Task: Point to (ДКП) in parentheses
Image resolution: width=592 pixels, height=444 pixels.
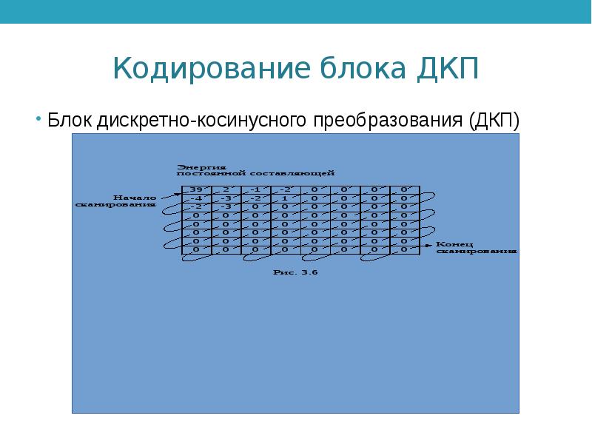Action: tap(494, 121)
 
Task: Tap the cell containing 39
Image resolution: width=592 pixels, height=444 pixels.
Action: tap(196, 189)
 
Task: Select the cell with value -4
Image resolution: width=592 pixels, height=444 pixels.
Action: tap(196, 198)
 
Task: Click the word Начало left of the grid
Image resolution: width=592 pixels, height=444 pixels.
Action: tap(135, 197)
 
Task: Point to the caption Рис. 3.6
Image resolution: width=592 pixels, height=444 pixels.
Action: tap(296, 272)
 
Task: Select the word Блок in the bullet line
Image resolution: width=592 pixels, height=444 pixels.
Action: tap(70, 121)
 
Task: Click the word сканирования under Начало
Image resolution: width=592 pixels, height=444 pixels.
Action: tap(116, 204)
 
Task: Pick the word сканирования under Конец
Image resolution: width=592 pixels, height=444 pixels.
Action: tap(475, 251)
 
